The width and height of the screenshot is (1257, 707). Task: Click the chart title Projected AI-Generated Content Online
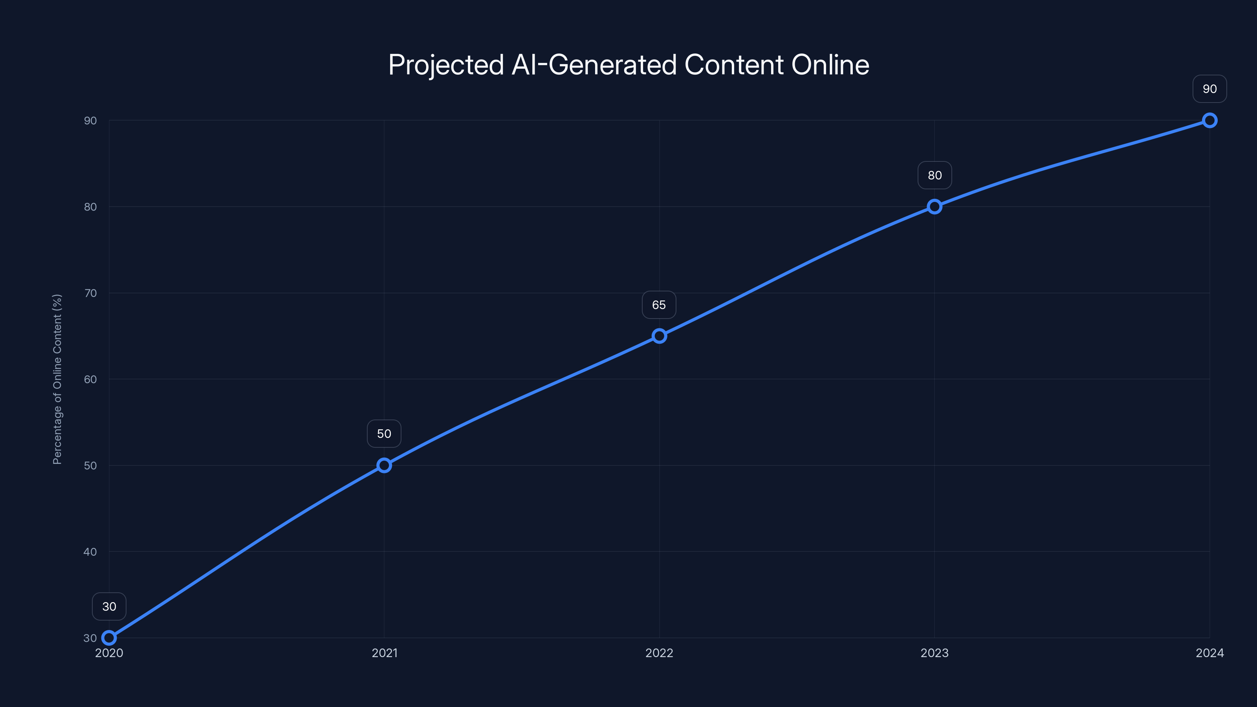point(628,65)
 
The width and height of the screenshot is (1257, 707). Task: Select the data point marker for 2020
point(109,638)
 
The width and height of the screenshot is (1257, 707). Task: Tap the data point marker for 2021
point(384,465)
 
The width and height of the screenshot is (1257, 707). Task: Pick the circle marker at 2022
point(659,336)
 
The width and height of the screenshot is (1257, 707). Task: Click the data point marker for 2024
point(1210,121)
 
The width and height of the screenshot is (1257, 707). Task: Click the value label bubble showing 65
point(659,305)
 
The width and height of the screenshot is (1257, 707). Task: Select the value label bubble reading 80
point(935,175)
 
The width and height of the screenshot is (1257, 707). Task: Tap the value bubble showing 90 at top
point(1210,89)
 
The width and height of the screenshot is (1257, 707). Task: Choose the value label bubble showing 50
point(384,434)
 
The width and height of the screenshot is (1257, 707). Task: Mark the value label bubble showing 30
point(109,606)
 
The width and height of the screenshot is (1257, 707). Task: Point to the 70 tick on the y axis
point(90,293)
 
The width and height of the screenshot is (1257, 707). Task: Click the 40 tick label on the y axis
point(90,552)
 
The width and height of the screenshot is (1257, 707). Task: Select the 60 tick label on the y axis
point(90,379)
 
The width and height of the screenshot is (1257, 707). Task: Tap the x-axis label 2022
point(659,653)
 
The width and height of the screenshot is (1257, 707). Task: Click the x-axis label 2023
point(935,653)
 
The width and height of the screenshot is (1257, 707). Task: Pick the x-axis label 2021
point(385,653)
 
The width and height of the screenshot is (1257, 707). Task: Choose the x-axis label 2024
point(1210,653)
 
